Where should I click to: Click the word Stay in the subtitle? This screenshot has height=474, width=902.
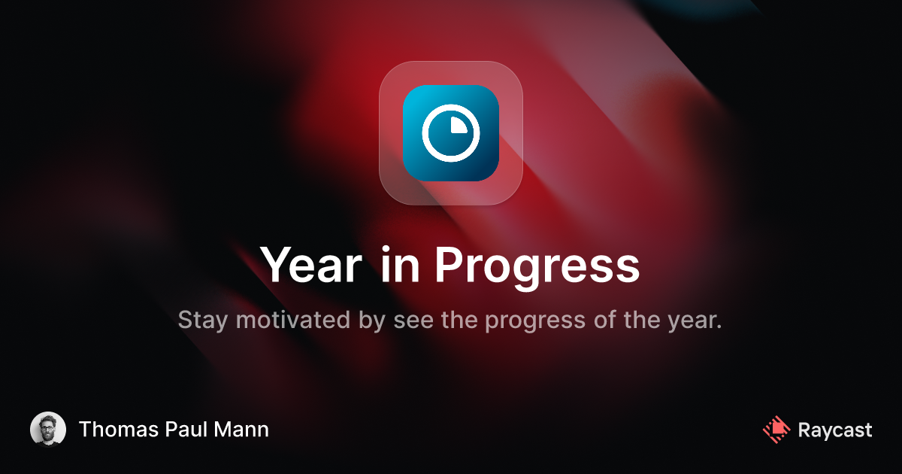(x=204, y=321)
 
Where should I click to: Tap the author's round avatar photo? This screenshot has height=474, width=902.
(x=48, y=430)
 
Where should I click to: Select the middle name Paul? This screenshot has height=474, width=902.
(x=183, y=430)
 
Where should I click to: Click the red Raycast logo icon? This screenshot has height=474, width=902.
(x=776, y=430)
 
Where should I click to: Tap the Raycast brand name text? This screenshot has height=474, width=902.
(x=835, y=430)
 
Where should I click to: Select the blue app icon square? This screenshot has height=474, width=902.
(x=451, y=133)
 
